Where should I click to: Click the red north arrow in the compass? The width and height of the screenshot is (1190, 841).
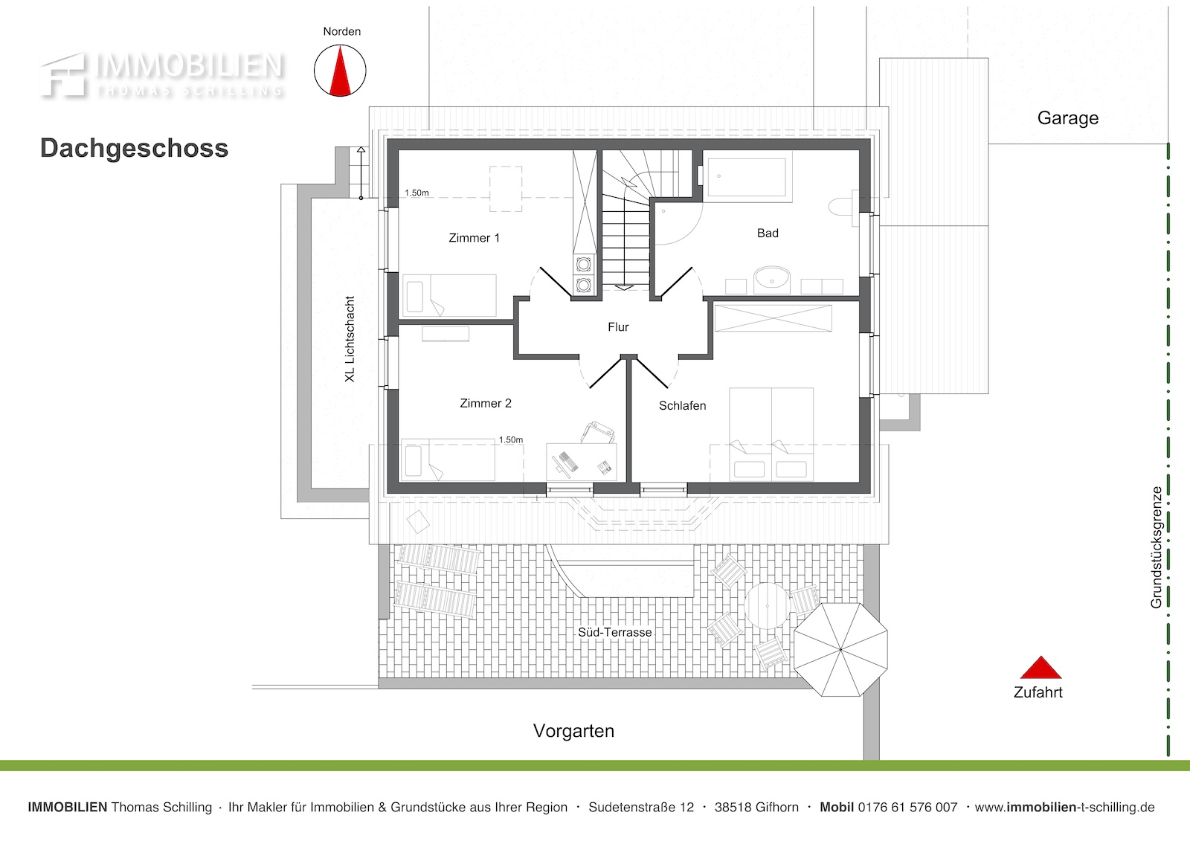340,71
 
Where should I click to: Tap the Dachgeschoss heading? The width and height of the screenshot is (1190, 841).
135,148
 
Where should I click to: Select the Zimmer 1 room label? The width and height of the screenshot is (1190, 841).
474,238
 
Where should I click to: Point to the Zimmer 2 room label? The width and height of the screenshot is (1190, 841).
486,403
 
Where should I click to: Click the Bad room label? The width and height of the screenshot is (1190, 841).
768,233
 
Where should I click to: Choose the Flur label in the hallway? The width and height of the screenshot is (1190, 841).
618,327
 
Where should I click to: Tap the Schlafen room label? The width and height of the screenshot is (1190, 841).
682,406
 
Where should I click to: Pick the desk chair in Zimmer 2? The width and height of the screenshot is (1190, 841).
598,433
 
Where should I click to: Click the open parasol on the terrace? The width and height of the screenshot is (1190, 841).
840,649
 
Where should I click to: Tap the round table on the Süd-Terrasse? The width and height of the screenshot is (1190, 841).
767,605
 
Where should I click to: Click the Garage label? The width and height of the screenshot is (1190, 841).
1068,118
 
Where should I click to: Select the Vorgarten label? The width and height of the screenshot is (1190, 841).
573,731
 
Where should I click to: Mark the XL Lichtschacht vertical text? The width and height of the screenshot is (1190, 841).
350,339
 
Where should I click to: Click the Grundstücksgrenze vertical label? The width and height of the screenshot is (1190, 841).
1156,547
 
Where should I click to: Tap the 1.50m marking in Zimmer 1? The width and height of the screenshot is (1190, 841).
416,193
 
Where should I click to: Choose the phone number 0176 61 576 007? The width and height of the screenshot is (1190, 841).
907,808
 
